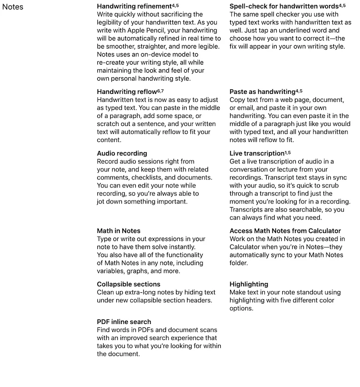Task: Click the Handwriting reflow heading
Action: tap(127, 92)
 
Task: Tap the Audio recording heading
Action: tap(122, 153)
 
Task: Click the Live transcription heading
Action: tap(257, 153)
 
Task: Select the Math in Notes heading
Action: tap(118, 231)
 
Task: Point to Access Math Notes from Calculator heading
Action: tap(286, 231)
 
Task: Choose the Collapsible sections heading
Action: tap(128, 284)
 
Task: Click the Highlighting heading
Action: tap(249, 284)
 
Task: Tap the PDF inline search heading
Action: tap(124, 322)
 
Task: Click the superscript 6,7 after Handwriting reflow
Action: tap(160, 90)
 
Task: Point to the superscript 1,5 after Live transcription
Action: tap(288, 152)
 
